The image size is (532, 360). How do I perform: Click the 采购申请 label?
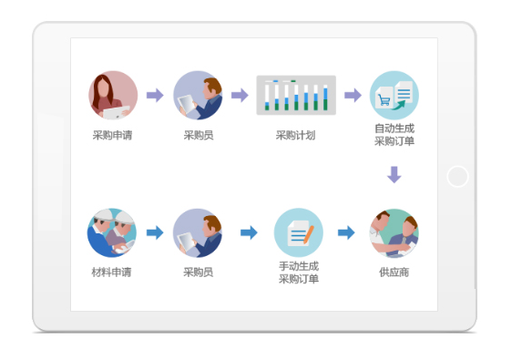[x=113, y=136]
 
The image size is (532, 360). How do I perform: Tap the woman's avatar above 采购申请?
[x=113, y=95]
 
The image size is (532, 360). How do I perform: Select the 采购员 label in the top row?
[x=198, y=136]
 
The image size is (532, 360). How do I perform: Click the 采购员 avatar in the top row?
[x=198, y=95]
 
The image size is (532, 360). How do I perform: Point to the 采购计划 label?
[x=295, y=136]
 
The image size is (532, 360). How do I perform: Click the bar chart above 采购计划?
[x=296, y=95]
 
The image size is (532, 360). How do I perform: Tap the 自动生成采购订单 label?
[x=394, y=135]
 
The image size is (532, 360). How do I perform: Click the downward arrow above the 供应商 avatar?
[x=394, y=175]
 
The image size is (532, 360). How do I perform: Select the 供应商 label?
[x=394, y=273]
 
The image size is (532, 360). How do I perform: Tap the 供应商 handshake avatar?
[x=394, y=232]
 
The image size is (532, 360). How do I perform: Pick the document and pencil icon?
[x=298, y=232]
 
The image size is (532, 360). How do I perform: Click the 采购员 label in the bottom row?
[x=198, y=273]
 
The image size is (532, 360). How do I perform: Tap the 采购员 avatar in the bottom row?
[x=198, y=232]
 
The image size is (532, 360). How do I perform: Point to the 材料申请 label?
[x=111, y=273]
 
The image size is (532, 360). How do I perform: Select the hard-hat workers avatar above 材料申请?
[x=112, y=232]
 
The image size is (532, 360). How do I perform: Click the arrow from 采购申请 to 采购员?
[x=155, y=95]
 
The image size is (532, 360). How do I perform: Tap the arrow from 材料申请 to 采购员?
[x=155, y=232]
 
